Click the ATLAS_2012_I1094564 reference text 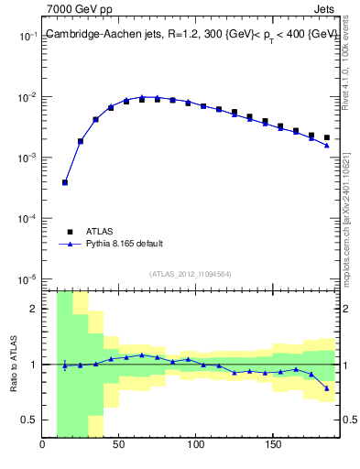[x=190, y=274]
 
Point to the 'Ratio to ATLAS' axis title [x=13, y=364]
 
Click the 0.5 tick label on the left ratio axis [x=29, y=420]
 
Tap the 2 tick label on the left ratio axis [x=34, y=309]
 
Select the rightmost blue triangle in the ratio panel [x=326, y=388]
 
